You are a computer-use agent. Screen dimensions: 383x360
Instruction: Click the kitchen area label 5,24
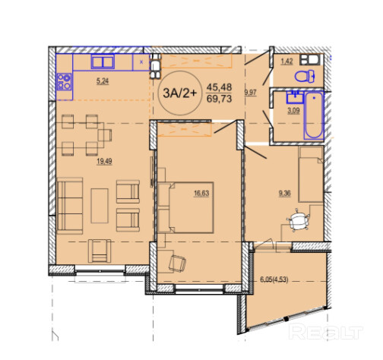(103, 81)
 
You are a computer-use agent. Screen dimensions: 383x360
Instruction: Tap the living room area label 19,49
(104, 161)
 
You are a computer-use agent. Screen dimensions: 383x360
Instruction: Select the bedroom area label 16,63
(201, 194)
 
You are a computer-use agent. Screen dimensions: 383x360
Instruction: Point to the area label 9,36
(285, 194)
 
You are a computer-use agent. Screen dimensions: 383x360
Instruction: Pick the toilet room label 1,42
(287, 62)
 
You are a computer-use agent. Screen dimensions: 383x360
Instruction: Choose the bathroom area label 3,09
(293, 111)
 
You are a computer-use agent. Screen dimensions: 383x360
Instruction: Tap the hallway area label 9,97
(250, 93)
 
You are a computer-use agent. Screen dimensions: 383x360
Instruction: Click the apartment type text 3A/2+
(180, 93)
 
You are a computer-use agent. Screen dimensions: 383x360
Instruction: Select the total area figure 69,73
(219, 99)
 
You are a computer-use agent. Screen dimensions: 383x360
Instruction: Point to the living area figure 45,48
(219, 87)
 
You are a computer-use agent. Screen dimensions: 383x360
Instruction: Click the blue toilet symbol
(305, 76)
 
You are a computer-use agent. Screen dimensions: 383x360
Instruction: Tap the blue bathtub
(314, 115)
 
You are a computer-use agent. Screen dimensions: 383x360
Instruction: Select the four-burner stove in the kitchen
(64, 81)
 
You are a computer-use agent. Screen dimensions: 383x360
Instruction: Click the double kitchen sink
(103, 62)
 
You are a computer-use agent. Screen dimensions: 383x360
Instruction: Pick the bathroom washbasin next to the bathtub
(295, 97)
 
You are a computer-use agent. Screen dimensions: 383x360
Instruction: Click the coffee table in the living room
(100, 206)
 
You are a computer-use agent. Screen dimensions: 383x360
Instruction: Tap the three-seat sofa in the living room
(70, 206)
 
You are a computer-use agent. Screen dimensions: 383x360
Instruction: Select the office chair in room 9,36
(299, 220)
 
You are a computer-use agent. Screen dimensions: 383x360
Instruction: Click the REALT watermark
(325, 331)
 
